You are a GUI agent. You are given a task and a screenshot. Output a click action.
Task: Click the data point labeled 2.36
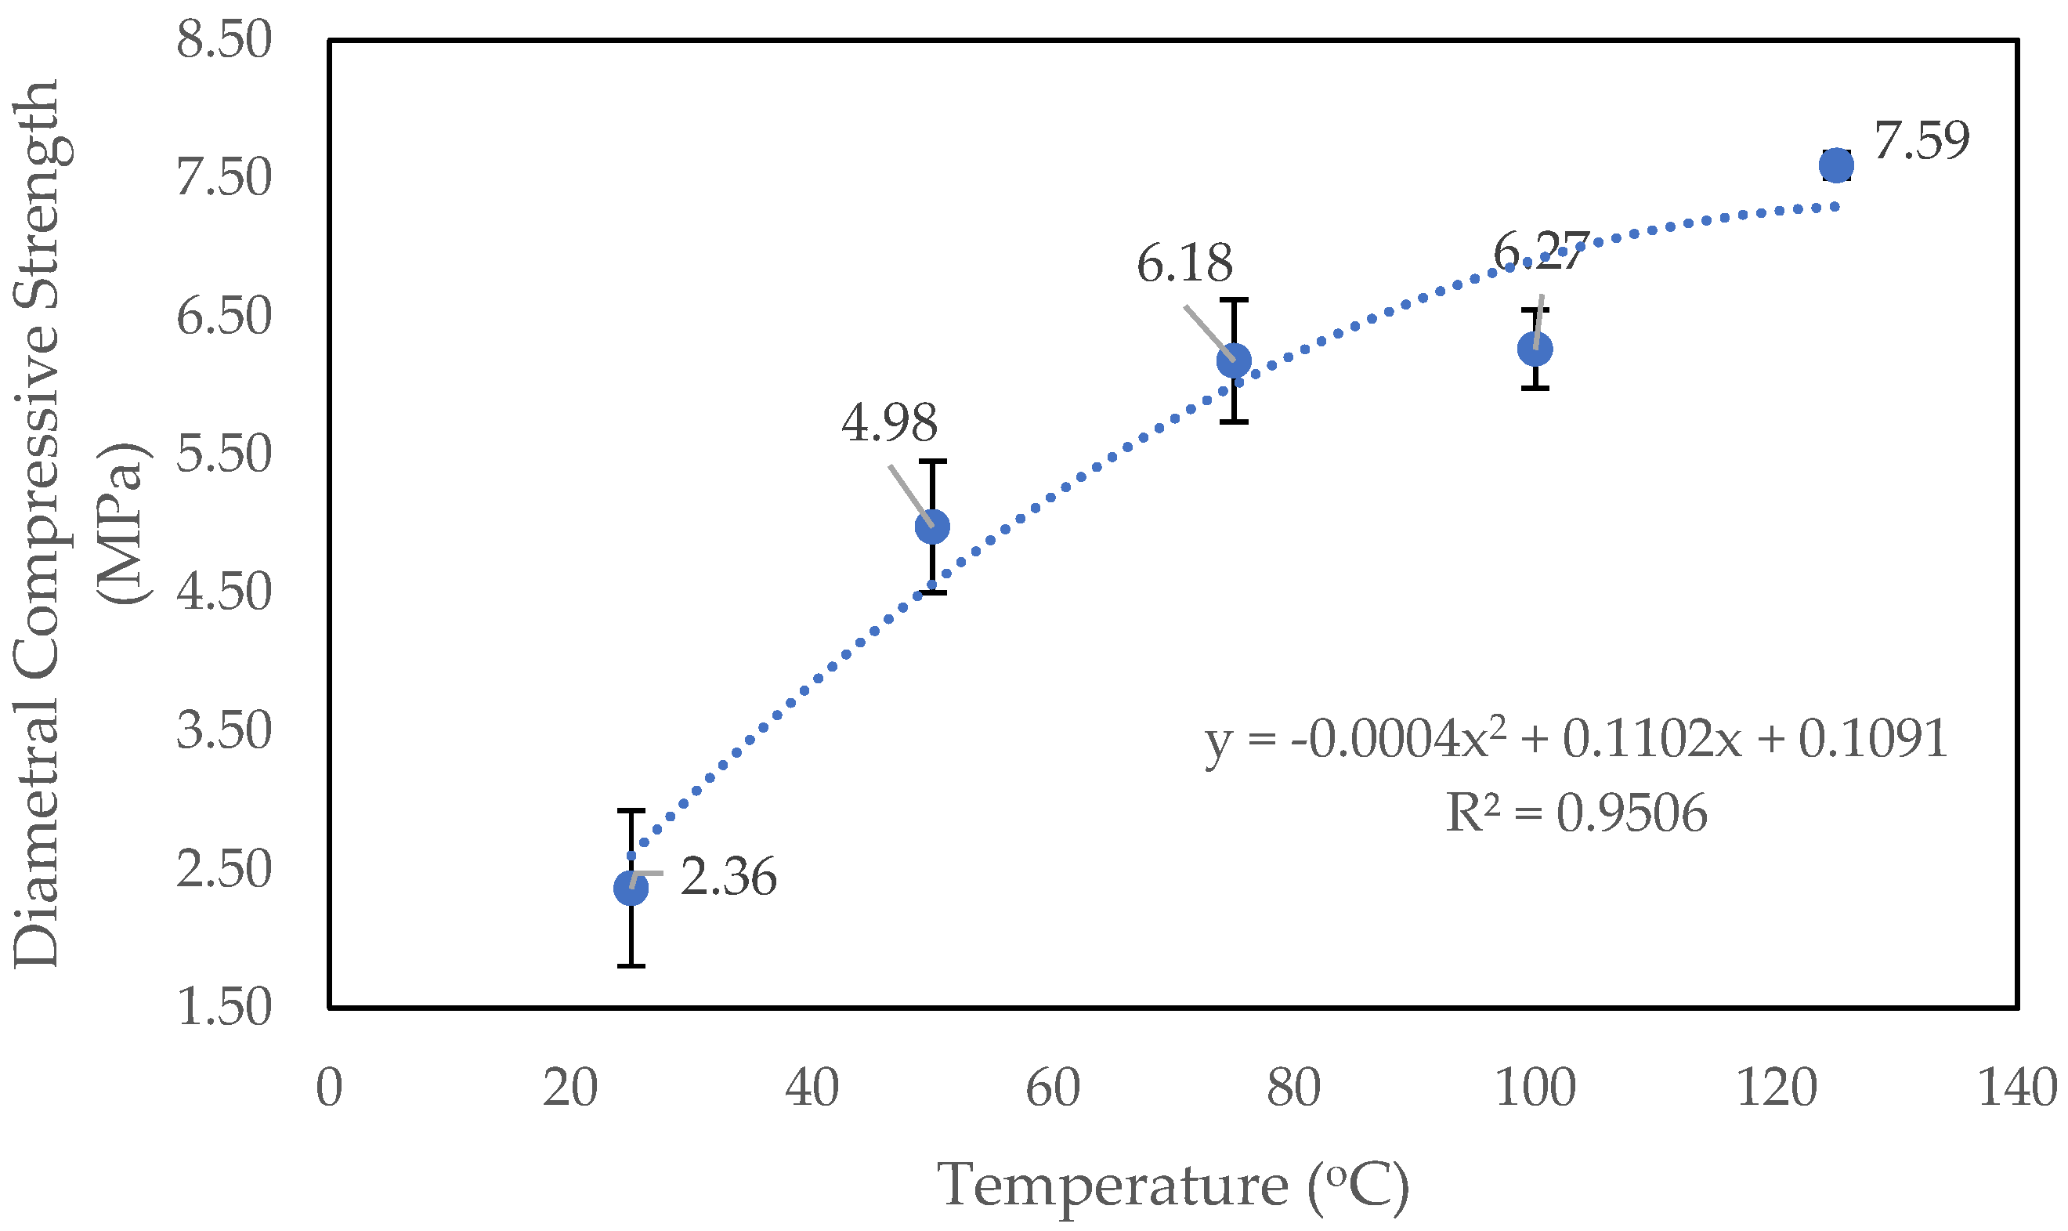point(631,888)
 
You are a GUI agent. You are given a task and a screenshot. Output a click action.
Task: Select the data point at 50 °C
point(932,526)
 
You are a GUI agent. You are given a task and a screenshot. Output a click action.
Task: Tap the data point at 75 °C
point(1234,360)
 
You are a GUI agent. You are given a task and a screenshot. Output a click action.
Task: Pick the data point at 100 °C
point(1535,349)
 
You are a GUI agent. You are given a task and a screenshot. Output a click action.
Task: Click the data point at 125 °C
point(1837,165)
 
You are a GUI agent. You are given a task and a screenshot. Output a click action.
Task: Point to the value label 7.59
point(1921,140)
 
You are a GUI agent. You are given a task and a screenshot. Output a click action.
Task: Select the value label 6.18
point(1184,264)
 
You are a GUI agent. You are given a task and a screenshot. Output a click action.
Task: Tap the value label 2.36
point(728,877)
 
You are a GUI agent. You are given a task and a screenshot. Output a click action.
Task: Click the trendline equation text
point(1575,739)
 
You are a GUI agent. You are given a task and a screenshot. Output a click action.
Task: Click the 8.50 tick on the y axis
point(224,40)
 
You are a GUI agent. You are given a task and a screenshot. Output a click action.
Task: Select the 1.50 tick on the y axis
point(224,1007)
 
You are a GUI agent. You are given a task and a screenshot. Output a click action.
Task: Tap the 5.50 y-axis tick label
point(224,454)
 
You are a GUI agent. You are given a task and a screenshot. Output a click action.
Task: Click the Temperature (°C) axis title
point(1173,1185)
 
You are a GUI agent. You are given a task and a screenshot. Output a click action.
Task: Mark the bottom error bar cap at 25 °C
point(631,965)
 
